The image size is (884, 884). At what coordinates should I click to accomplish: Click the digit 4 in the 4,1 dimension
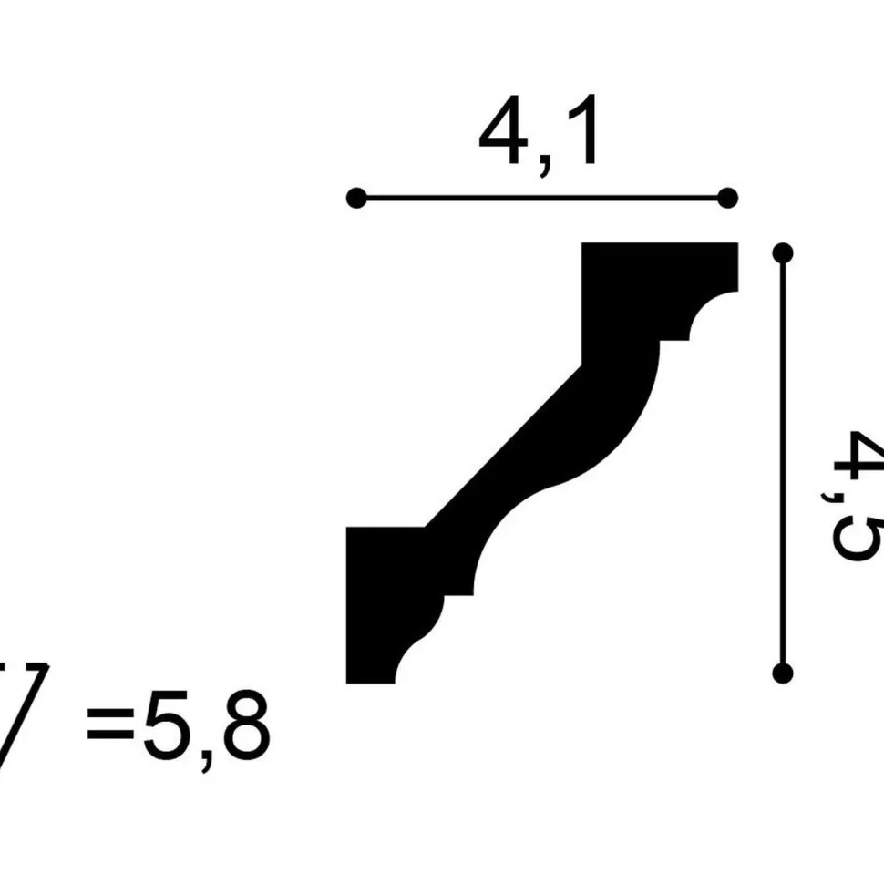[x=502, y=128]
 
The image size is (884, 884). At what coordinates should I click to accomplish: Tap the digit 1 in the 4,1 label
[x=583, y=129]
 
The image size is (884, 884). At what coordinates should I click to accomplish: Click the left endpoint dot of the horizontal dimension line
[x=356, y=198]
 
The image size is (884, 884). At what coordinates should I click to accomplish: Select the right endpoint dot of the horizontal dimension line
[x=728, y=198]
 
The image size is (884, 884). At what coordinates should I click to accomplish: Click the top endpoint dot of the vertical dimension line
[x=783, y=252]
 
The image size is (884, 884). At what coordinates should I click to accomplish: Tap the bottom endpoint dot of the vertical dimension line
[x=783, y=673]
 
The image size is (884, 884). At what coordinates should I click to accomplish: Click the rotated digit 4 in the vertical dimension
[x=856, y=457]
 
